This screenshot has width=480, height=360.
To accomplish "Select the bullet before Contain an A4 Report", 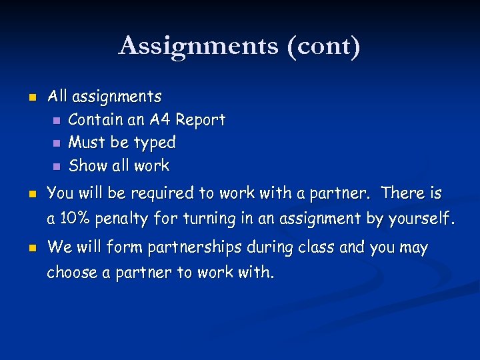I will pos(57,121).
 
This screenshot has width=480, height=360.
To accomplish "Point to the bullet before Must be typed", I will pos(57,143).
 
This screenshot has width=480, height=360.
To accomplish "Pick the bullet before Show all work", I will pos(57,166).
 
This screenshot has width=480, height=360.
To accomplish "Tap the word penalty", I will pos(125,219).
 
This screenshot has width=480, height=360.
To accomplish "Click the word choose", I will pos(69,273).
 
